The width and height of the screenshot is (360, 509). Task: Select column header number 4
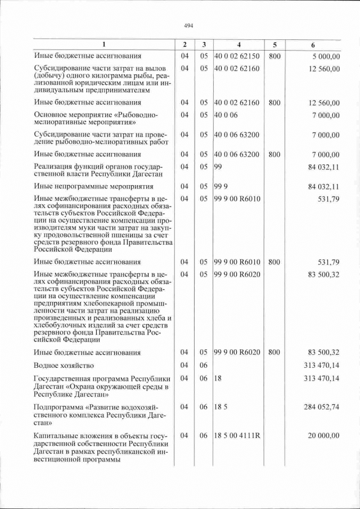click(x=239, y=44)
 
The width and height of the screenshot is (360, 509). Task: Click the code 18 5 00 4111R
click(x=239, y=436)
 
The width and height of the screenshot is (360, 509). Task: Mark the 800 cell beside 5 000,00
click(x=274, y=56)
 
